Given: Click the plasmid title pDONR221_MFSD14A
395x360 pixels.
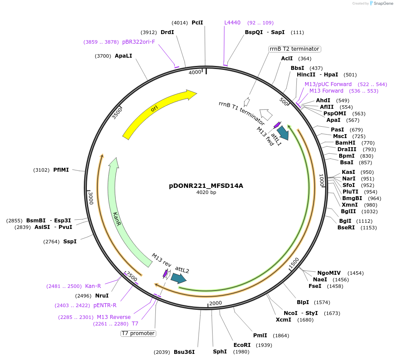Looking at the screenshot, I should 206,186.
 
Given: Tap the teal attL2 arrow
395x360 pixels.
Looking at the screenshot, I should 178,278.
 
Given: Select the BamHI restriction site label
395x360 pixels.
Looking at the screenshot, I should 345,142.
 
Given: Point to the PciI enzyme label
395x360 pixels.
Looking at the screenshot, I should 197,22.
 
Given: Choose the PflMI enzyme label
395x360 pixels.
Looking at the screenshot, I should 61,170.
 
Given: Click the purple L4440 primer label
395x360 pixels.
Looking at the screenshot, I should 232,22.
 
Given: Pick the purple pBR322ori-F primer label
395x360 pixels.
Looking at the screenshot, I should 138,42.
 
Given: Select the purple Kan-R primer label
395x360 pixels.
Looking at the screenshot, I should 93,286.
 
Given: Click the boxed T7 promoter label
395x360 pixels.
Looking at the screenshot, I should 138,333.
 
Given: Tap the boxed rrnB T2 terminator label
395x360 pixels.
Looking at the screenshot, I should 295,49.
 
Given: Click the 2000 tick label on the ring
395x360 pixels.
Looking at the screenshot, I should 216,303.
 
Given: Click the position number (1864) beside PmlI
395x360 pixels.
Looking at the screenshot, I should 281,336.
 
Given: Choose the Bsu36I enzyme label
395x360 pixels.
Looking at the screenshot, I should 184,352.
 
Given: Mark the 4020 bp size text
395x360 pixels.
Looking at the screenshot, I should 206,192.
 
